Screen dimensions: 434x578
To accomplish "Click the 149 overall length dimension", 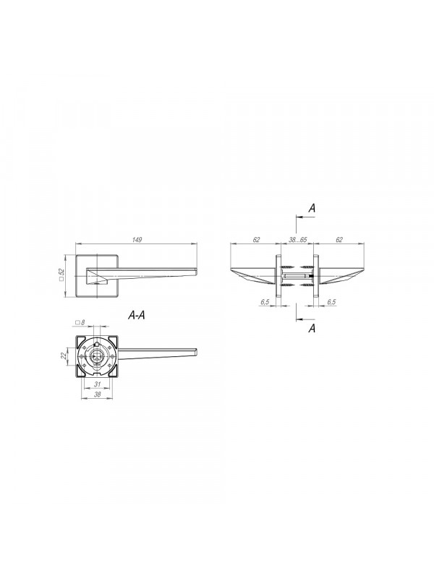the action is pos(137,240).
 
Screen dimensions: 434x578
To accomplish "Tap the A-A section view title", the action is pos(136,315).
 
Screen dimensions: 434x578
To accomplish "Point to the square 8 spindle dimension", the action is pos(80,322).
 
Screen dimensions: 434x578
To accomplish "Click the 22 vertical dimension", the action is pos(63,355).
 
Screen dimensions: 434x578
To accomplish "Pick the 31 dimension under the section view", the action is pos(97,384).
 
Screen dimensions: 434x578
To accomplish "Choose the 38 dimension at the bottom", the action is pos(97,394).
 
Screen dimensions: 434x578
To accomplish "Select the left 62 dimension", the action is pos(256,240).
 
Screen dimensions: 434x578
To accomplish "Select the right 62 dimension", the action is pos(339,240).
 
